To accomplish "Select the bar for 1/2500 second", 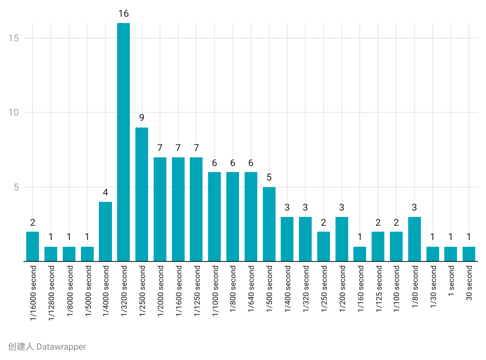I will click(x=142, y=194).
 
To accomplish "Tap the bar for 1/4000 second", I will click(x=105, y=232).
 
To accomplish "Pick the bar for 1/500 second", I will click(x=269, y=224).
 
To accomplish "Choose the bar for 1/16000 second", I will click(x=33, y=246).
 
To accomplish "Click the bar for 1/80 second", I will click(x=415, y=239).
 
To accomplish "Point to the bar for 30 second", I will click(x=469, y=254).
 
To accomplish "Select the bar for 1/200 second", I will click(x=342, y=239).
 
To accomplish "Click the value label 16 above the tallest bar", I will click(x=123, y=14).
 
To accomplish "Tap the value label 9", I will click(x=142, y=118).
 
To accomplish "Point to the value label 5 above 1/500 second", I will click(x=269, y=178).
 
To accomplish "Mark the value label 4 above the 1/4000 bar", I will click(x=105, y=193).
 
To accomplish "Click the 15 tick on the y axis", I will click(x=14, y=38).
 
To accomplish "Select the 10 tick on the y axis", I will click(x=14, y=112).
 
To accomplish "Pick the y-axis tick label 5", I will click(x=17, y=187).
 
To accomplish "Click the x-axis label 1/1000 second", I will click(x=215, y=291).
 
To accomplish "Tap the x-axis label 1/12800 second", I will click(x=51, y=293).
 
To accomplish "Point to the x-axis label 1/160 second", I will click(x=361, y=289).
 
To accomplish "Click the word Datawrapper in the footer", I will click(x=61, y=347).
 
